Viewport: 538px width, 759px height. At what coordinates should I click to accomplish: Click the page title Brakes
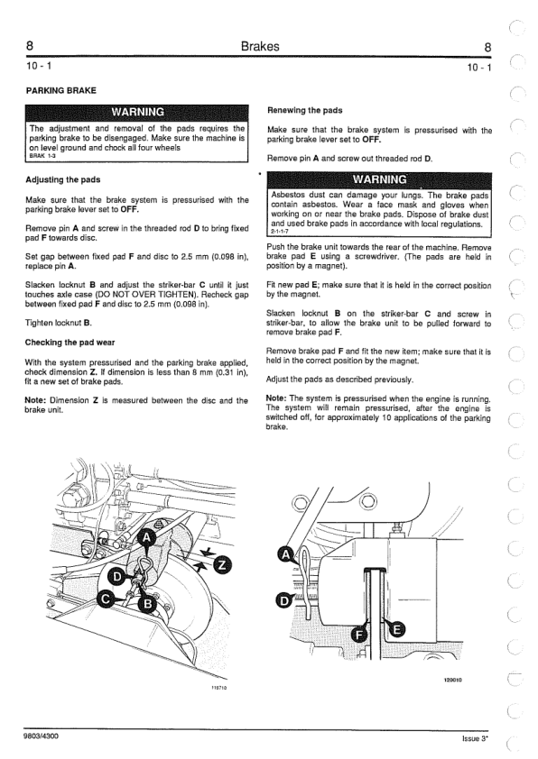tap(260, 47)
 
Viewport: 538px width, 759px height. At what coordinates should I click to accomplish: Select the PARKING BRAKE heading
tap(61, 90)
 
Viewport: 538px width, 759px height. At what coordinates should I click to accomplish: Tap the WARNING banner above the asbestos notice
tap(379, 179)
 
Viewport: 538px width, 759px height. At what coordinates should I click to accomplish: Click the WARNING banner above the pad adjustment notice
tap(137, 112)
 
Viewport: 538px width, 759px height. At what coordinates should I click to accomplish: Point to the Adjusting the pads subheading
tap(62, 179)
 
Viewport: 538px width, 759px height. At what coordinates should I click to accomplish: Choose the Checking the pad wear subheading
tap(70, 343)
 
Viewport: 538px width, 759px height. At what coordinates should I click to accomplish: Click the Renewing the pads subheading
tap(305, 110)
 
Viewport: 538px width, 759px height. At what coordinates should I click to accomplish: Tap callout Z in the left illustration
tap(222, 565)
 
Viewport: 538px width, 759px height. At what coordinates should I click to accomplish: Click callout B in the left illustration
tap(147, 604)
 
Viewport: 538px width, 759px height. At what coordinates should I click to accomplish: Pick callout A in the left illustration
tap(147, 538)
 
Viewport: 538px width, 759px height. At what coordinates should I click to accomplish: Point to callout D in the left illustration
tap(116, 577)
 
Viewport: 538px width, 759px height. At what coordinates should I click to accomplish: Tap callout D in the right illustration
tap(284, 601)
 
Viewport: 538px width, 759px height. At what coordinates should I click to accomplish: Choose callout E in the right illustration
tap(397, 629)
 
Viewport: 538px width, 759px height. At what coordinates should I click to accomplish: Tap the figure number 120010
tap(453, 680)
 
